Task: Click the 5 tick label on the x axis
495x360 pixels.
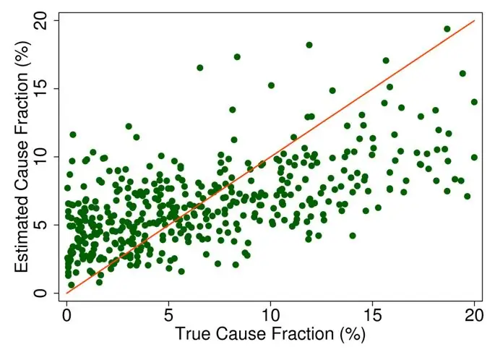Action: [168, 316]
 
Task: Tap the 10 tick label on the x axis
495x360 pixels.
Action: [270, 316]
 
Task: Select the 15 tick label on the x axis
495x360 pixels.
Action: [372, 316]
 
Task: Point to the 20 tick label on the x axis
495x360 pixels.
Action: [474, 316]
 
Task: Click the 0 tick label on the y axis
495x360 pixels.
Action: [45, 293]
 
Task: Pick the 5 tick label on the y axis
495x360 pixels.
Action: [45, 225]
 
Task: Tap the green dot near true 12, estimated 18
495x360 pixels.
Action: [309, 45]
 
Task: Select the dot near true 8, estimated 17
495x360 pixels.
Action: [237, 56]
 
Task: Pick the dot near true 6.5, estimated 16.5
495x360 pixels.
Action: [199, 68]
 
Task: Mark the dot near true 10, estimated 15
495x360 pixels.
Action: [271, 85]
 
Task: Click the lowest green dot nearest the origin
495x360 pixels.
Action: [71, 285]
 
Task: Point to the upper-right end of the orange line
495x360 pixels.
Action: [474, 21]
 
